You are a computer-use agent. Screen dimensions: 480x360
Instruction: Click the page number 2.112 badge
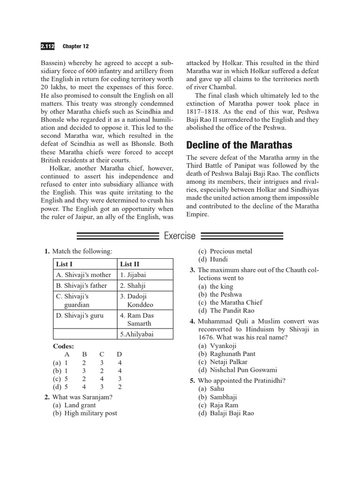pyautogui.click(x=48, y=46)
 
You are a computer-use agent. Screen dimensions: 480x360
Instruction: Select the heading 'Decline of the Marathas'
pyautogui.click(x=239, y=144)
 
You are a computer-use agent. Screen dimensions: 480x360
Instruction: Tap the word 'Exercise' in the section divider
pyautogui.click(x=180, y=236)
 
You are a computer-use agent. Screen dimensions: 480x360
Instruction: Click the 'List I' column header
pyautogui.click(x=64, y=264)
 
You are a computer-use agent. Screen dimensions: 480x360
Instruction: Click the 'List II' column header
pyautogui.click(x=130, y=264)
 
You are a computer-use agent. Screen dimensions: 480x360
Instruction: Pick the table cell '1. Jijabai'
pyautogui.click(x=133, y=275)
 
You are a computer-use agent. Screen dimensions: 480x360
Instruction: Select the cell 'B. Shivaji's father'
pyautogui.click(x=82, y=285)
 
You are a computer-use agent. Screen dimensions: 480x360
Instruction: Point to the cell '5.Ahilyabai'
pyautogui.click(x=136, y=334)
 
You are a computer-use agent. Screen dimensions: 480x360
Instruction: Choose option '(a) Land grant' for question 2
pyautogui.click(x=74, y=405)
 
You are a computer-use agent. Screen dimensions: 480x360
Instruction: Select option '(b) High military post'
pyautogui.click(x=85, y=413)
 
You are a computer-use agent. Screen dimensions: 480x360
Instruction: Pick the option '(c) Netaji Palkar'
pyautogui.click(x=223, y=362)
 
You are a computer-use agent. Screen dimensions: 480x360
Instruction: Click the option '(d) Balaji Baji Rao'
pyautogui.click(x=226, y=413)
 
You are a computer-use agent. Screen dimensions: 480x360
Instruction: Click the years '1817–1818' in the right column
pyautogui.click(x=206, y=112)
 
